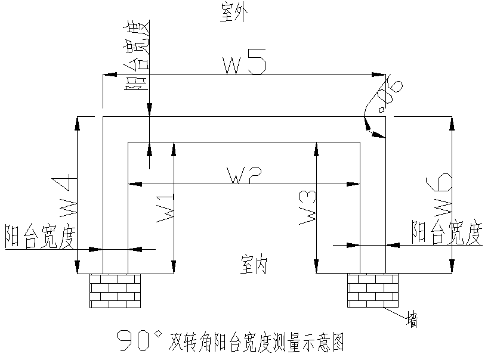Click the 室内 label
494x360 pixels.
(254, 263)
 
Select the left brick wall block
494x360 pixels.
(115, 290)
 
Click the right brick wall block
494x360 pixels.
(372, 290)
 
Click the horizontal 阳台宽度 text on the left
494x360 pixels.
(39, 237)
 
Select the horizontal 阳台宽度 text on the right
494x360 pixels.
(446, 232)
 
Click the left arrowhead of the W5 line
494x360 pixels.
(108, 75)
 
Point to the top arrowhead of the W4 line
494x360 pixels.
(78, 122)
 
